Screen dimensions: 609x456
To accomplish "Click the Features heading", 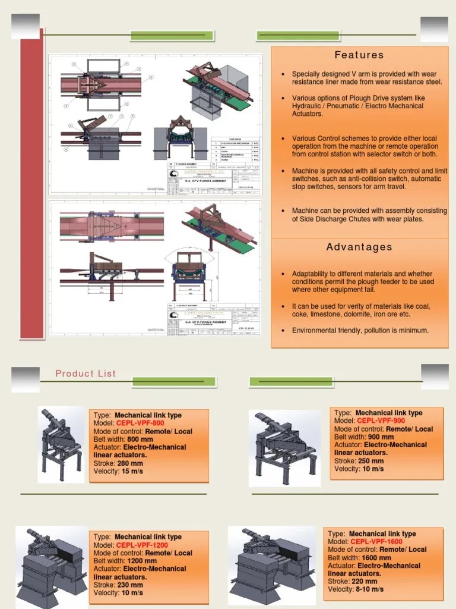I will coord(359,55).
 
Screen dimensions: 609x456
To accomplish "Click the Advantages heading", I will coord(359,247).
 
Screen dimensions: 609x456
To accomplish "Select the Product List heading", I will coord(86,373).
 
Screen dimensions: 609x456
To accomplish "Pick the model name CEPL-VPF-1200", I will coord(142,545).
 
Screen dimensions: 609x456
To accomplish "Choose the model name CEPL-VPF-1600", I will coord(376,542).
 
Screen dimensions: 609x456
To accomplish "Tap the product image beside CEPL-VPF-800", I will coord(61,443).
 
